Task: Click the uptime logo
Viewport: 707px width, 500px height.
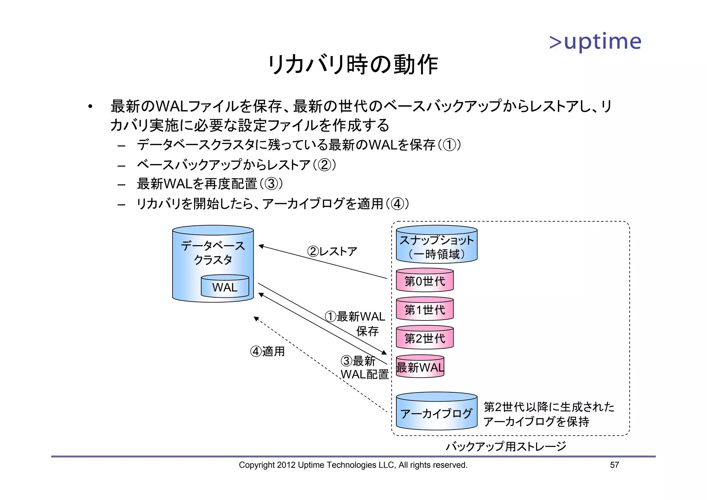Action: click(x=595, y=42)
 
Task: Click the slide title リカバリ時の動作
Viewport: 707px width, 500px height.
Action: click(x=353, y=65)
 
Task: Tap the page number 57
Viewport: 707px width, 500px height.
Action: click(x=614, y=465)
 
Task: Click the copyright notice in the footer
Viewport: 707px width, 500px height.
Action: click(x=353, y=465)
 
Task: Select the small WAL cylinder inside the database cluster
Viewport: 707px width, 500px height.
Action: click(x=225, y=287)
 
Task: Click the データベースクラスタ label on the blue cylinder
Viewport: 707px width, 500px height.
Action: click(x=213, y=252)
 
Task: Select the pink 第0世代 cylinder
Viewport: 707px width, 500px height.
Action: click(x=425, y=281)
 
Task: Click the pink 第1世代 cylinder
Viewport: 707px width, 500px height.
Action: click(x=425, y=309)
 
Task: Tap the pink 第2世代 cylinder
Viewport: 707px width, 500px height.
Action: click(x=425, y=338)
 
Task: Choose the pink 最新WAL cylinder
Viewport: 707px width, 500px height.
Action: click(x=420, y=367)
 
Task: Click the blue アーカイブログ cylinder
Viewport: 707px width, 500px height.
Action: click(x=436, y=413)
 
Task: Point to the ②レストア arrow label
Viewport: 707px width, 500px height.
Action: click(x=332, y=251)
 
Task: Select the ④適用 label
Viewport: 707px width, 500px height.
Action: click(x=267, y=352)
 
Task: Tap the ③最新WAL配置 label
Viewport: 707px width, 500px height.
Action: click(x=364, y=368)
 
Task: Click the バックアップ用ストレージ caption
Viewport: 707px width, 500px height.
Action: click(x=506, y=446)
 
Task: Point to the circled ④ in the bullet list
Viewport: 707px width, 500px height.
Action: click(x=397, y=204)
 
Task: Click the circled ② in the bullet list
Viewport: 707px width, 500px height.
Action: click(x=324, y=165)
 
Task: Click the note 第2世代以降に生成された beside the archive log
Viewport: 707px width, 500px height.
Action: click(x=549, y=407)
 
